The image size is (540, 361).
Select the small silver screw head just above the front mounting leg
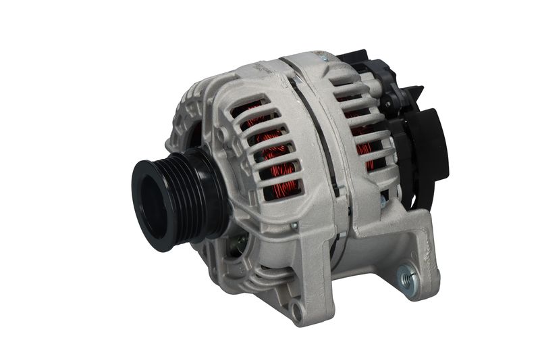click(294, 224)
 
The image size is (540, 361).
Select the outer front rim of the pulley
click(138, 203)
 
